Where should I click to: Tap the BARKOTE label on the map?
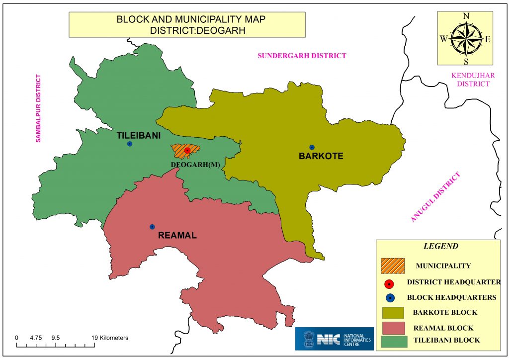[321, 156]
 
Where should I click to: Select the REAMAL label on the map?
[177, 235]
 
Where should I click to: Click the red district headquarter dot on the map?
[187, 151]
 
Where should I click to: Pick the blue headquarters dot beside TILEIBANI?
[130, 144]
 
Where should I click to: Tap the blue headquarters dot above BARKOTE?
[312, 147]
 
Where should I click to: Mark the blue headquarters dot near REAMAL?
[152, 227]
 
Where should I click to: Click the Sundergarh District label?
[301, 56]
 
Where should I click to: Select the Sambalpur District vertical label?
[38, 108]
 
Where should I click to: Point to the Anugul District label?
[436, 197]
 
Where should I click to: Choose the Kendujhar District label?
[470, 80]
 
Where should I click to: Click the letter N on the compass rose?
[466, 16]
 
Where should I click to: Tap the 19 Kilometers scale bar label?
[109, 338]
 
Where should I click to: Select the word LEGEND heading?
[440, 246]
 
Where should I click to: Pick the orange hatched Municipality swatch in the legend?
[393, 266]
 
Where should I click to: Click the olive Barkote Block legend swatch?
[393, 313]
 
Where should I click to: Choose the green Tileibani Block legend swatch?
[393, 341]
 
